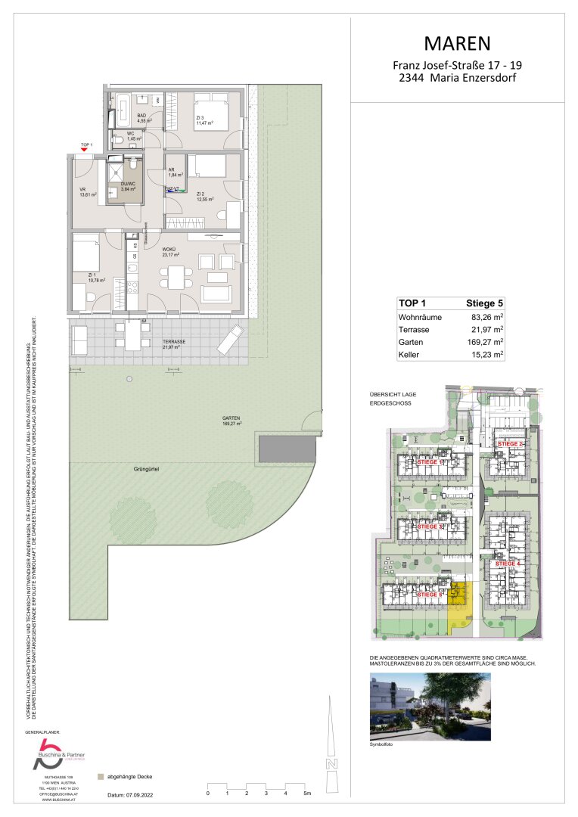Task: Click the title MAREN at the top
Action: coord(457,42)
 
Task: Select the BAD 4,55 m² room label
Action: coord(144,118)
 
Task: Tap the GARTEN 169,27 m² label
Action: coord(231,421)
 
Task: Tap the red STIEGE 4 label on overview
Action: coord(508,564)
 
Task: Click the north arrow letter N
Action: coord(331,765)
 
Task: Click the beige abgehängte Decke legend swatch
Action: coord(100,776)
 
